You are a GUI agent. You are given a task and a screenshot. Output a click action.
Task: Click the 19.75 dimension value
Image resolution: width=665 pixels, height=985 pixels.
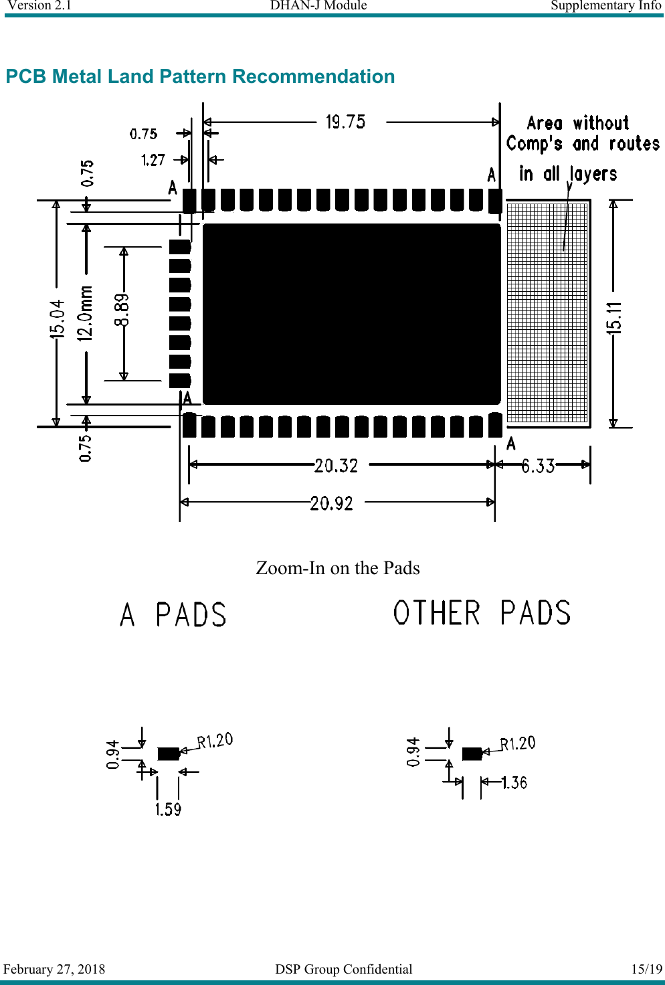point(345,122)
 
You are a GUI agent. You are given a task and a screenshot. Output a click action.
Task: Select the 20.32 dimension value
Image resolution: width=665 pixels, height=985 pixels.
point(336,465)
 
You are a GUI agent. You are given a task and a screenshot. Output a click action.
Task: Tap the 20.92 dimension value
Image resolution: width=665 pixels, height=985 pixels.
point(331,503)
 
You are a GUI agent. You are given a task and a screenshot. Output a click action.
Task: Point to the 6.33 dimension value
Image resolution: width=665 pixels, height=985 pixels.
point(538,466)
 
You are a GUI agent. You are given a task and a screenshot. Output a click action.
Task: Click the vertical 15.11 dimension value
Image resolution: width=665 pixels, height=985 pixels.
point(614,317)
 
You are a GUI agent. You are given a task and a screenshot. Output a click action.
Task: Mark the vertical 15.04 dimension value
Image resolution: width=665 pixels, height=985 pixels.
point(58,319)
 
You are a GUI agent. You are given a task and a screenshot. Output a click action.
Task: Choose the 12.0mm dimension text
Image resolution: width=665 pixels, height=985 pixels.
point(85,314)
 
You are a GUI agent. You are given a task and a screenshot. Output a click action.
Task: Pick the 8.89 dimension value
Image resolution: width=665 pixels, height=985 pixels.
point(122,310)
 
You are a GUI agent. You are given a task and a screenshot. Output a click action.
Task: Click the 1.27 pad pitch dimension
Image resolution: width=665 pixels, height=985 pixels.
point(153,160)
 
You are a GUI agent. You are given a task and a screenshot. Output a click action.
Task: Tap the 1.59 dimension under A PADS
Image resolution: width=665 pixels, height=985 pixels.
point(168,810)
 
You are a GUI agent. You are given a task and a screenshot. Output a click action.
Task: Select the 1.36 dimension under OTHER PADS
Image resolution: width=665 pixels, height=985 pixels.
point(514,782)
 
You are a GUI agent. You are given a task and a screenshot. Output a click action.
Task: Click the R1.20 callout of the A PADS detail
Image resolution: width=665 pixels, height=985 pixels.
point(215,741)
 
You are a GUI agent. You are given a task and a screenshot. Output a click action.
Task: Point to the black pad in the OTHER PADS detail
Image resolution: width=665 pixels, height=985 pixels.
point(472,753)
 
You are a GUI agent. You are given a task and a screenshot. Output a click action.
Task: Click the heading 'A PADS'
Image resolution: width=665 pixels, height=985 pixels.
point(173,615)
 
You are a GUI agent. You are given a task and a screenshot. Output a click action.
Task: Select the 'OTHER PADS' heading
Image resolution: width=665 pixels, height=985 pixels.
point(482,613)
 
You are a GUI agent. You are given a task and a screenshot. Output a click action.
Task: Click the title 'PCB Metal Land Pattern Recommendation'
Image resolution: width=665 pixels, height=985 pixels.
point(200,76)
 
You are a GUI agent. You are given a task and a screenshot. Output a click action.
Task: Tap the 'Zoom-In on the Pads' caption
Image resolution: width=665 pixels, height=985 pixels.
point(338,568)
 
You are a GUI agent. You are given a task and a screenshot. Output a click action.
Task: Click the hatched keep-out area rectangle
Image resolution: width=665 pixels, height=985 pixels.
point(547,313)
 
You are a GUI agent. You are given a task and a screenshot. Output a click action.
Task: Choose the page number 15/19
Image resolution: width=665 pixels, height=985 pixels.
point(646,969)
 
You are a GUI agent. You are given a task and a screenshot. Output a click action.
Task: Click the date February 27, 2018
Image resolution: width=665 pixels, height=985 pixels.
point(54,969)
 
